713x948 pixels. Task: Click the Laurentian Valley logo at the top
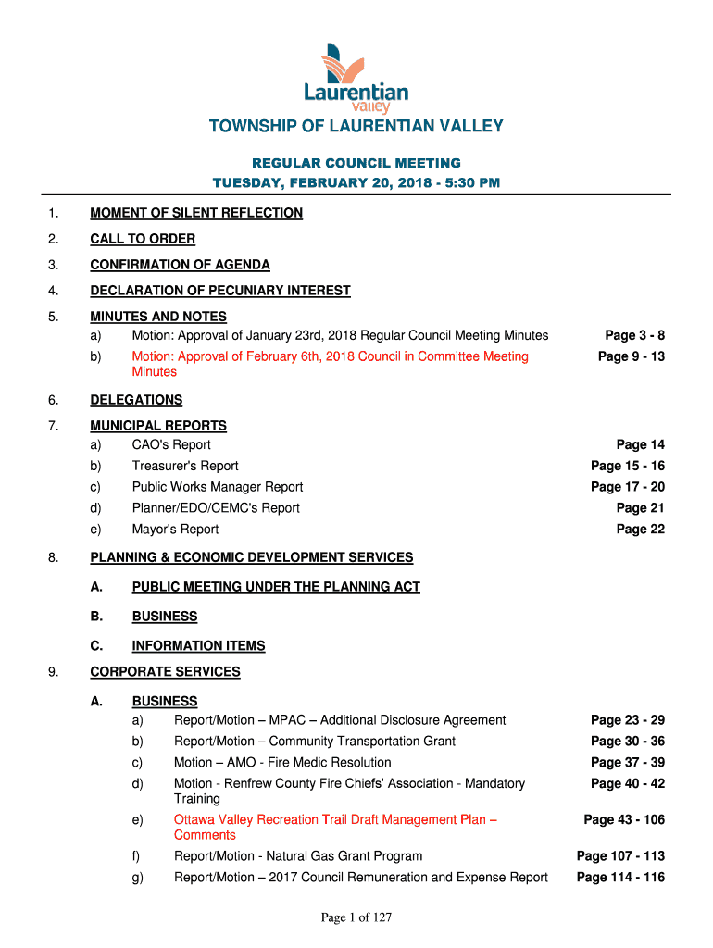click(356, 78)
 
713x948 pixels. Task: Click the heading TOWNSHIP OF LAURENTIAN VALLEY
click(356, 126)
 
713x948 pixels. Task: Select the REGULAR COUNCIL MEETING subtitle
click(356, 163)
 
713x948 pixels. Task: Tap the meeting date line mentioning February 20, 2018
click(356, 182)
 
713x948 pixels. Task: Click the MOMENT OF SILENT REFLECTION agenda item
click(196, 213)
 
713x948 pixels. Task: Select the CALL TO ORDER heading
click(143, 239)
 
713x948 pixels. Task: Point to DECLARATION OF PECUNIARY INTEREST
click(220, 291)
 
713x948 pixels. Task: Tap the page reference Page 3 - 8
click(634, 335)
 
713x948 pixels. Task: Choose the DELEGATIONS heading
click(136, 400)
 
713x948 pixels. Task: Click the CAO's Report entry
click(171, 445)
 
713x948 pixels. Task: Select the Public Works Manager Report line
click(218, 487)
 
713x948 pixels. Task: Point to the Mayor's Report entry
click(175, 530)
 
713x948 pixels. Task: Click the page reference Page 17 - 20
click(628, 487)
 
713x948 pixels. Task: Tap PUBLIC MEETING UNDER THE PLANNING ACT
click(276, 587)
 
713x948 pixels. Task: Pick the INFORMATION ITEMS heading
click(199, 646)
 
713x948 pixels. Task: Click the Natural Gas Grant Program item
click(298, 856)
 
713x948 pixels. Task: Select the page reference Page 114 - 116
click(620, 878)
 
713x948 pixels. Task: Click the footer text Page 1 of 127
click(356, 917)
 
